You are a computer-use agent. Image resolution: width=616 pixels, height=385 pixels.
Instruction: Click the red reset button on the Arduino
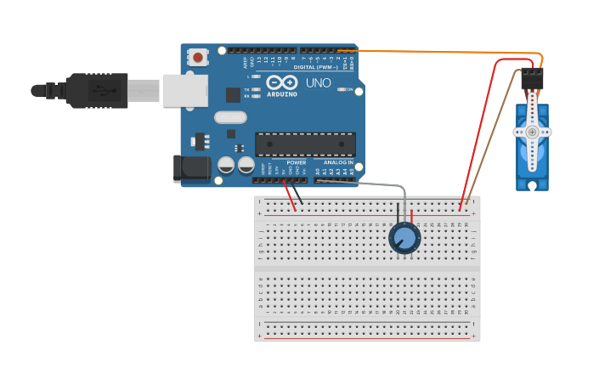[198, 58]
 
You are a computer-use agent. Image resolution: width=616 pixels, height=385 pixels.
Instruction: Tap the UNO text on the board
[318, 83]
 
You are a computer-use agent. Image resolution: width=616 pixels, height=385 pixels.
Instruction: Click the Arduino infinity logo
[281, 82]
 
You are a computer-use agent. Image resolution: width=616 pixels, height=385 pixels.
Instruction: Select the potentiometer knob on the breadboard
[404, 239]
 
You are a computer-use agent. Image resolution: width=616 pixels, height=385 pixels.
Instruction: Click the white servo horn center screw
[532, 132]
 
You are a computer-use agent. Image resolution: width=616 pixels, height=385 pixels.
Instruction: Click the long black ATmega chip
[305, 144]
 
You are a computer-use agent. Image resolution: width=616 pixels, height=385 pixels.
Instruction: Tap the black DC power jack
[191, 168]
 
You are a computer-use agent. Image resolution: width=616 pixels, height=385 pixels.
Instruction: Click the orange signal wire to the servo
[442, 53]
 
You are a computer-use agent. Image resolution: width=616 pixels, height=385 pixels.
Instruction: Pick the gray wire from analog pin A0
[374, 184]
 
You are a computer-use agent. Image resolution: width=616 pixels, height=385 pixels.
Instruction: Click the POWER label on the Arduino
[296, 162]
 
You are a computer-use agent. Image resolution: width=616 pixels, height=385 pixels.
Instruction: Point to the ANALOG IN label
[338, 162]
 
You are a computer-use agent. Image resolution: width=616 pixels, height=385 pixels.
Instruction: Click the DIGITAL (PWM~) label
[315, 66]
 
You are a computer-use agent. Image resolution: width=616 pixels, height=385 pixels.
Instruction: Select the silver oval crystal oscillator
[229, 117]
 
